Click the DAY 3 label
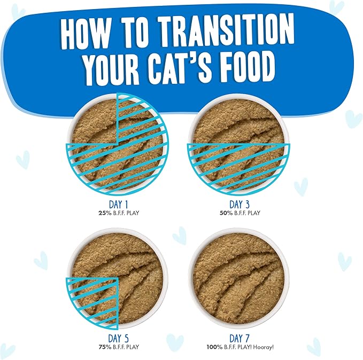point(240,204)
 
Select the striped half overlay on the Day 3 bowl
point(238,166)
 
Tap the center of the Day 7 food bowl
point(238,277)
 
